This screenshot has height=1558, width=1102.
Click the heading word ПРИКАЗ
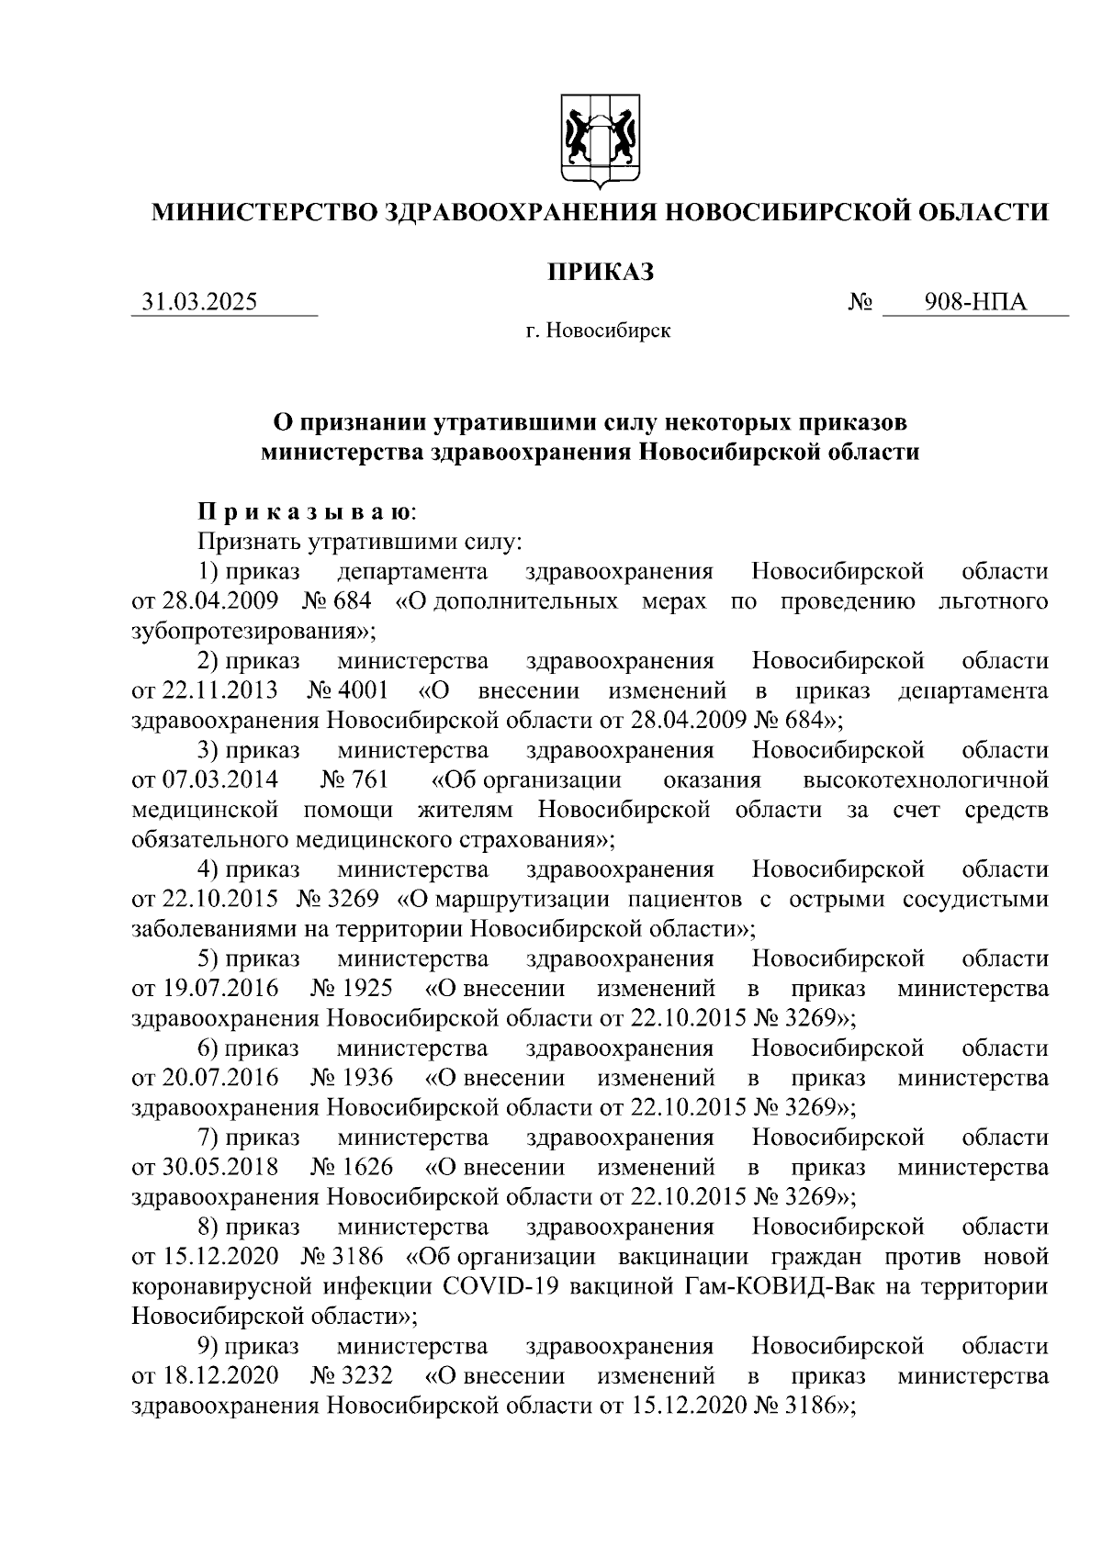tap(600, 273)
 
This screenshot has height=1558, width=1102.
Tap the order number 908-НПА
tap(975, 302)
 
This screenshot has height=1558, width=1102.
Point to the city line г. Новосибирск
tap(598, 331)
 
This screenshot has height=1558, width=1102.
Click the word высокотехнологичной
tap(925, 780)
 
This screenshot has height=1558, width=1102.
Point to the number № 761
tap(354, 780)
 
